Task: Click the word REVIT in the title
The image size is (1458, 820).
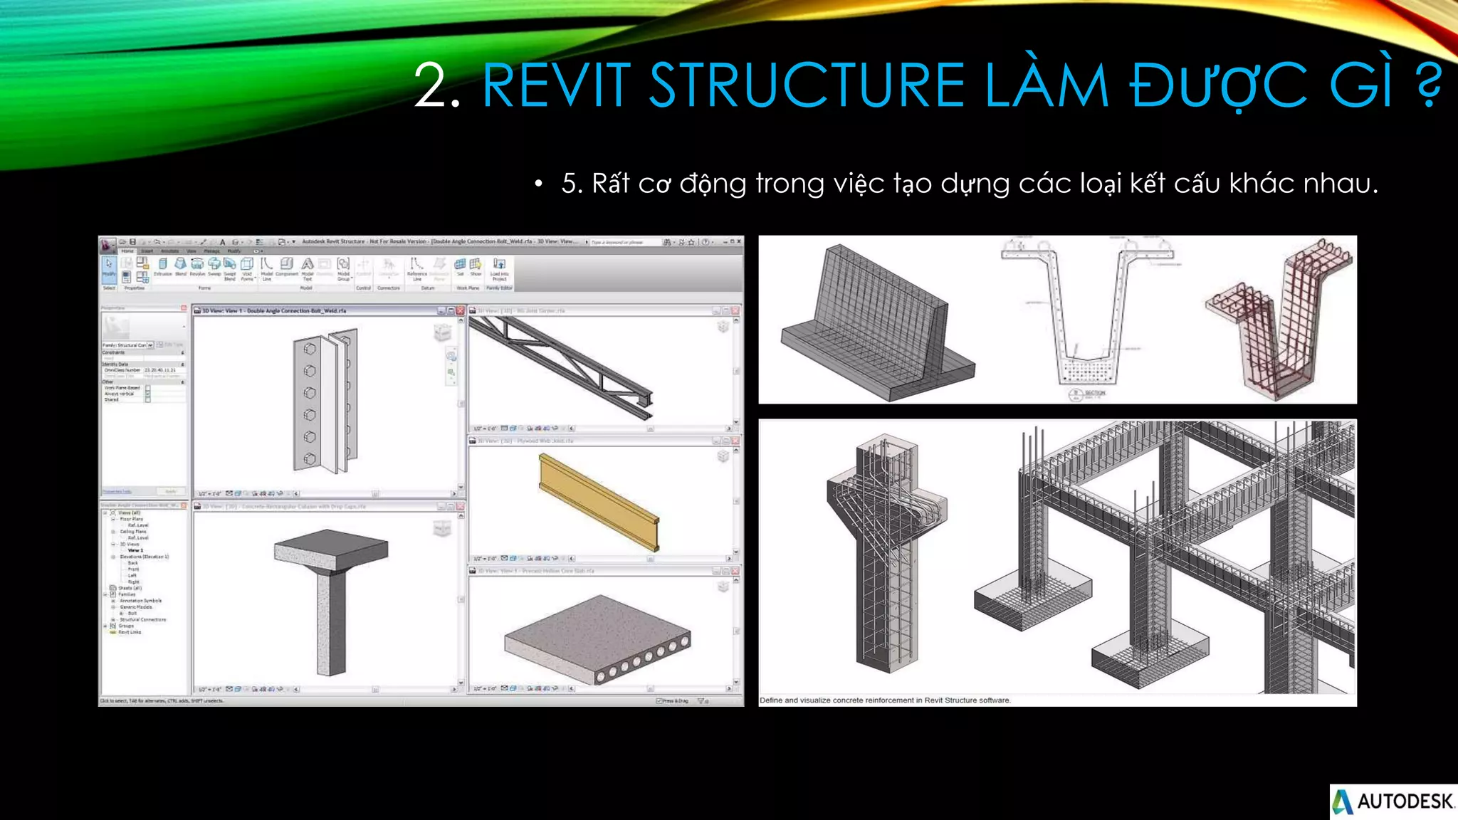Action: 556,86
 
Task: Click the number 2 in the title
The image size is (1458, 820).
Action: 431,86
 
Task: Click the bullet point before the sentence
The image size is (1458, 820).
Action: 539,184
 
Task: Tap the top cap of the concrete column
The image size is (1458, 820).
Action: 331,549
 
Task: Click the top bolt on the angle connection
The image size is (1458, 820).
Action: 310,349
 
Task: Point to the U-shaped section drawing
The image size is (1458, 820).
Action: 1086,313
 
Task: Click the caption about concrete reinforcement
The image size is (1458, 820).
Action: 885,700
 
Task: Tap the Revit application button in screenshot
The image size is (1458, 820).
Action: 107,246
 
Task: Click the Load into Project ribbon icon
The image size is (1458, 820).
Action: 499,268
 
